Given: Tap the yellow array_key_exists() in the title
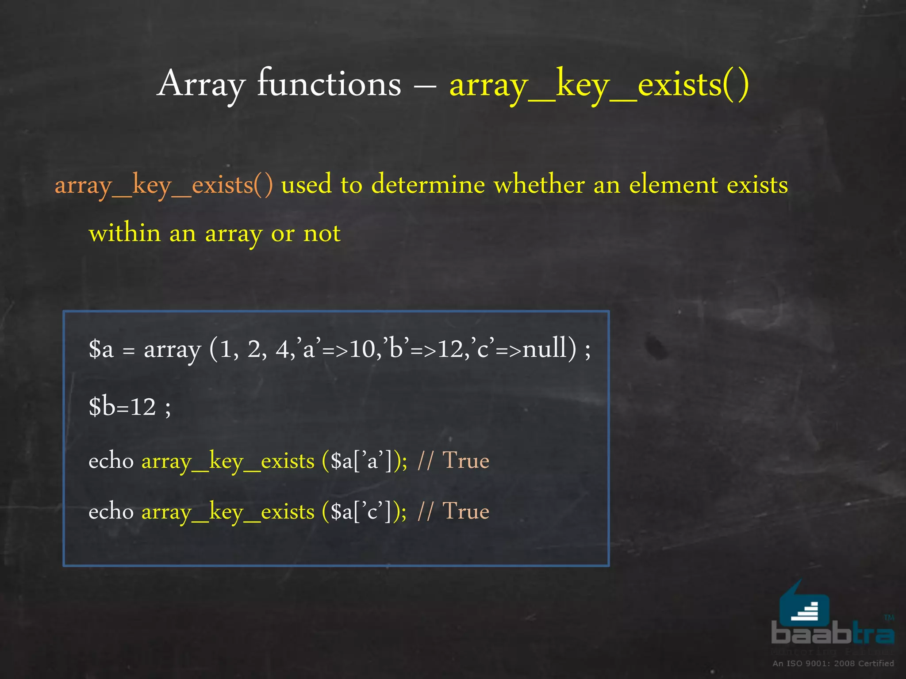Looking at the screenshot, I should (x=599, y=84).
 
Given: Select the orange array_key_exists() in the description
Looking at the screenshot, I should (x=164, y=185).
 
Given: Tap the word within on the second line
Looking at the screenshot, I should (x=125, y=233).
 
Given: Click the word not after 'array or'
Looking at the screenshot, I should (x=322, y=233).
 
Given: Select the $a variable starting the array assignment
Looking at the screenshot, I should (x=101, y=349).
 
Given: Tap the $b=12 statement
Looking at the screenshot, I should (x=123, y=406).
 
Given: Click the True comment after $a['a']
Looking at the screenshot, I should (x=466, y=461).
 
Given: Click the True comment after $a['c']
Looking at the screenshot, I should (x=466, y=511).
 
